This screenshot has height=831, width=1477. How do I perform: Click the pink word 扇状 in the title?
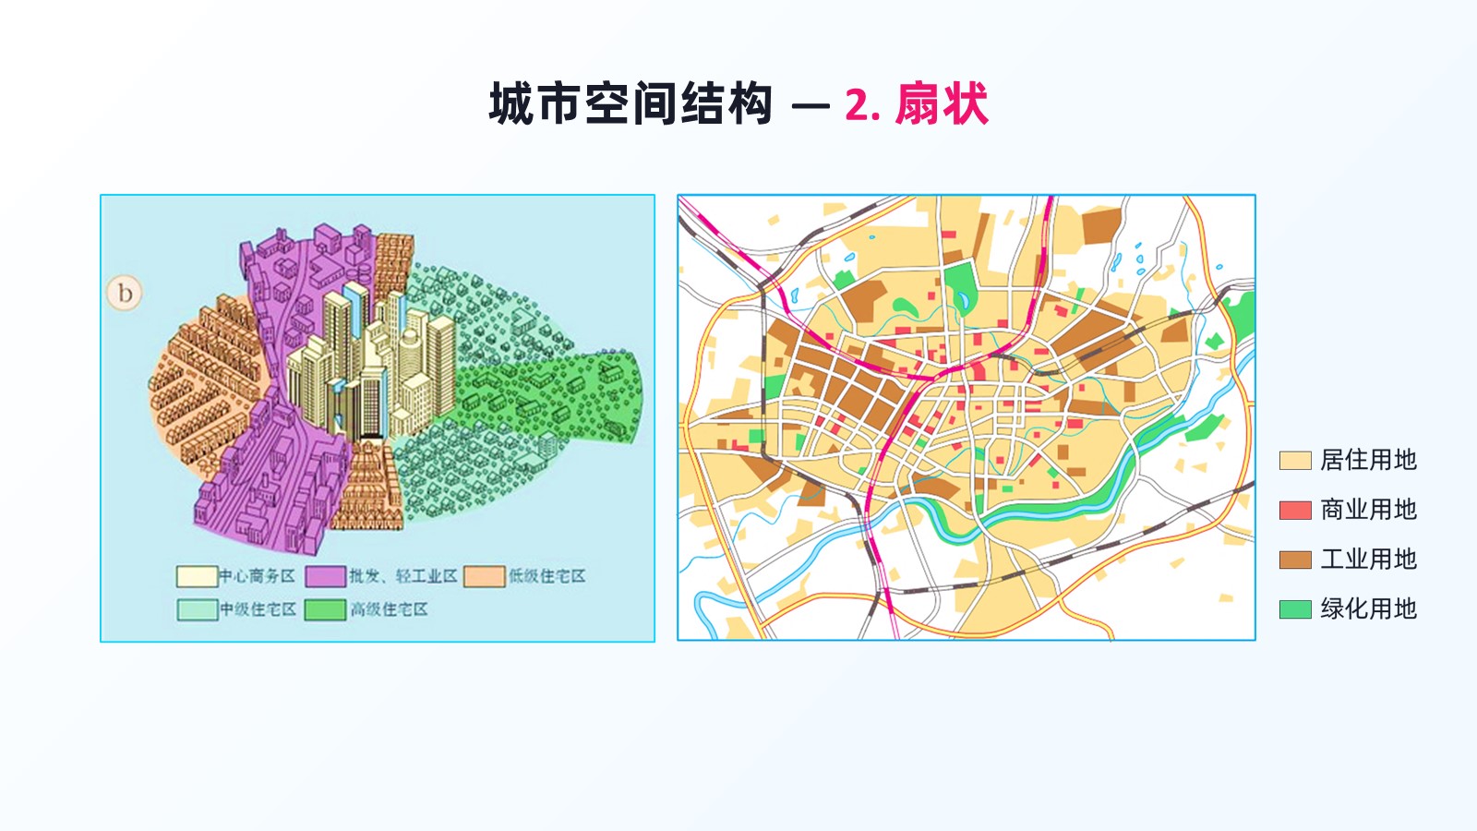pyautogui.click(x=942, y=103)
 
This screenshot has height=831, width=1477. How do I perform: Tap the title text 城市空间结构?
pyautogui.click(x=630, y=103)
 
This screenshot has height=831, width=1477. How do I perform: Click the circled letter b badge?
pyautogui.click(x=125, y=293)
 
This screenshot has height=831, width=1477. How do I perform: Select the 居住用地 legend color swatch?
pyautogui.click(x=1295, y=461)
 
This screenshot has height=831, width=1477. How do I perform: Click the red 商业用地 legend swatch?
pyautogui.click(x=1295, y=510)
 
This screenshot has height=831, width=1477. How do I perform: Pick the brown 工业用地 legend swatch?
pyautogui.click(x=1295, y=560)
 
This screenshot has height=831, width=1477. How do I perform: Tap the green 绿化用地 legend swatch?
pyautogui.click(x=1295, y=608)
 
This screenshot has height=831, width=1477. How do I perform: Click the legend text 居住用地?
pyautogui.click(x=1368, y=461)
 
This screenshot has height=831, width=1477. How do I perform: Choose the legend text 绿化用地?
pyautogui.click(x=1368, y=608)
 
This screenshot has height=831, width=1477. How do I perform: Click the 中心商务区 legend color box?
pyautogui.click(x=197, y=576)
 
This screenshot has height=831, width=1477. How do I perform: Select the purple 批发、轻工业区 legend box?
pyautogui.click(x=326, y=576)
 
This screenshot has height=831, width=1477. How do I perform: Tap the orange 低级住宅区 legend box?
pyautogui.click(x=485, y=576)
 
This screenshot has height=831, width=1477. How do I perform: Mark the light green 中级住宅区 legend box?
pyautogui.click(x=197, y=609)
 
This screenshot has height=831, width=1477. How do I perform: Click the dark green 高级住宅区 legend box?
pyautogui.click(x=326, y=609)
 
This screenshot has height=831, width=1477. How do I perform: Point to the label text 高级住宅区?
pyautogui.click(x=389, y=609)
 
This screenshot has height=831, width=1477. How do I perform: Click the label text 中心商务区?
pyautogui.click(x=258, y=576)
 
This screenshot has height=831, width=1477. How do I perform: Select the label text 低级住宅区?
pyautogui.click(x=547, y=576)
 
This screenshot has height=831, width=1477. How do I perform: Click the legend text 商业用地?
pyautogui.click(x=1368, y=510)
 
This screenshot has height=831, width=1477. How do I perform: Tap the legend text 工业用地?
pyautogui.click(x=1368, y=560)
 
